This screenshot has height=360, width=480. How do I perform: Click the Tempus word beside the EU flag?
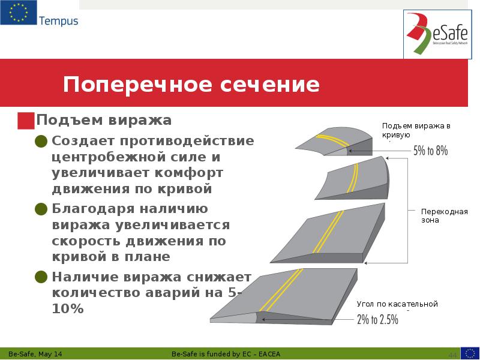(x=58, y=21)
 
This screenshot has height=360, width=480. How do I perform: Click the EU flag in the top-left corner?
(x=18, y=13)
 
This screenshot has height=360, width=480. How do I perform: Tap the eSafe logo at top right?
(x=436, y=34)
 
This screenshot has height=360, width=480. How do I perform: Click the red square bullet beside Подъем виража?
(x=26, y=121)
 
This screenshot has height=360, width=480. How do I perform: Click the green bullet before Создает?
(x=41, y=142)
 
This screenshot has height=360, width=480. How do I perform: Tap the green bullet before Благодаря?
(x=41, y=209)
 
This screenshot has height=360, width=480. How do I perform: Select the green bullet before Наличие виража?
(x=41, y=277)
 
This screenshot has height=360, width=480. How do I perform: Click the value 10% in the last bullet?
(x=68, y=309)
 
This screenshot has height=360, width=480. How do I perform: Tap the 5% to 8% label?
(x=430, y=151)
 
